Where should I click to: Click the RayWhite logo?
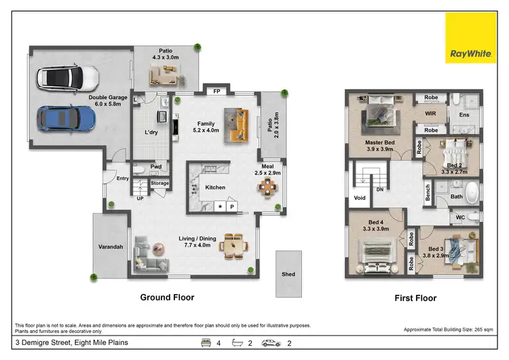coord(470,38)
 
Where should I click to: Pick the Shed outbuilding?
coord(288,274)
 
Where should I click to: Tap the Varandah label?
coord(110,247)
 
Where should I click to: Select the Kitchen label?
coord(215,187)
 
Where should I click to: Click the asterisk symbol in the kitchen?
coord(220,206)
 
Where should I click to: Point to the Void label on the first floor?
coord(360,198)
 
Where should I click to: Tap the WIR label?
coord(430,113)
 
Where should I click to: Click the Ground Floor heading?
coord(167,298)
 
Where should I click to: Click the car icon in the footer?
coord(271,343)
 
